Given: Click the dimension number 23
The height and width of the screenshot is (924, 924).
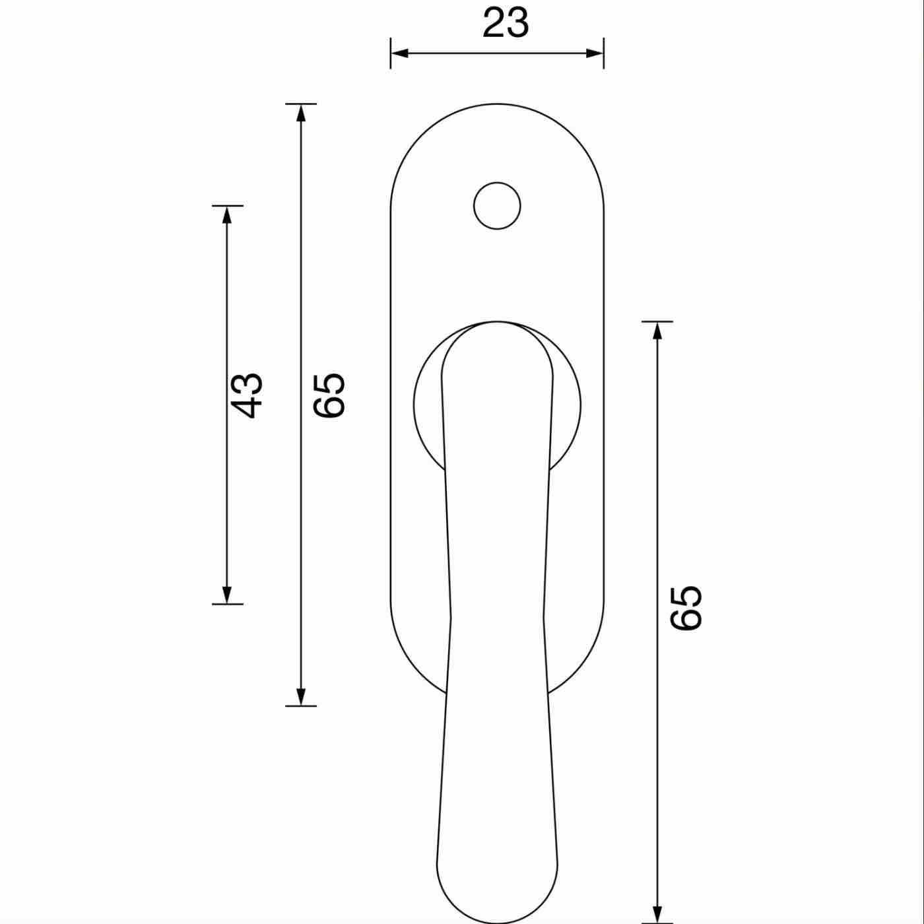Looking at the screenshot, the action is pos(506,23).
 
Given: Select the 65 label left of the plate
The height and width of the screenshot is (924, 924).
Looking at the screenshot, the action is pos(329,395).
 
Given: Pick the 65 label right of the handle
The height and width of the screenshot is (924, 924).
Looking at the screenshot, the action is pos(686,608).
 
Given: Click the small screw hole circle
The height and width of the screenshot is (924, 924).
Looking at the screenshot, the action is pos(497,206).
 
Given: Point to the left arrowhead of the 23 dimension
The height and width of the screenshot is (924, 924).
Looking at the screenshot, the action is pos(399,53).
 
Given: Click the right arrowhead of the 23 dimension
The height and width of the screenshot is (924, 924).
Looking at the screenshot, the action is pos(595,53).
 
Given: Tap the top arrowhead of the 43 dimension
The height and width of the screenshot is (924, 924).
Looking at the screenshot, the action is pos(227,214).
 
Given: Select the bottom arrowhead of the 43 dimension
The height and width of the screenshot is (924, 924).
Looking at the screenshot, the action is pos(227,595).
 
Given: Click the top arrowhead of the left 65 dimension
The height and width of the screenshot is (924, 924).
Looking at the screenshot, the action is pos(301,113).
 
